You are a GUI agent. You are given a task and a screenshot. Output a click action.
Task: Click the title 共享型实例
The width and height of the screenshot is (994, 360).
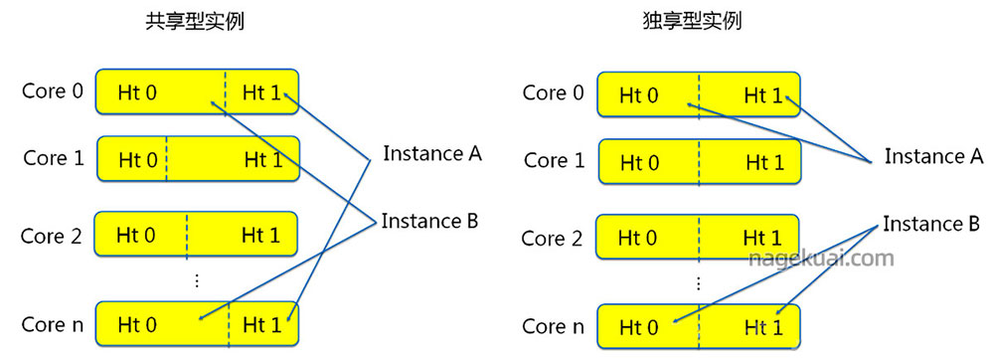[194, 21]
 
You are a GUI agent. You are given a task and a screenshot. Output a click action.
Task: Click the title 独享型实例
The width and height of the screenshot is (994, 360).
[693, 21]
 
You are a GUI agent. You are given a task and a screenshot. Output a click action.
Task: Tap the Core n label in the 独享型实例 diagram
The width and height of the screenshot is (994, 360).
[554, 326]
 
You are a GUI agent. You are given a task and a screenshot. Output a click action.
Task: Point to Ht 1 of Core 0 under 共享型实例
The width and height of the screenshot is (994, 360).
[260, 93]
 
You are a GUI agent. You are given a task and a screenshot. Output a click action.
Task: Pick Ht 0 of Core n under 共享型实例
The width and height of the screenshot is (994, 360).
[137, 323]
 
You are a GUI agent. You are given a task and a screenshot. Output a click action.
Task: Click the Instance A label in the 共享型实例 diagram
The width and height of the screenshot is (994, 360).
[431, 154]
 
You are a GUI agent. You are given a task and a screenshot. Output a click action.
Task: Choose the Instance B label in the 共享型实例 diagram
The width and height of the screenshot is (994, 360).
[430, 221]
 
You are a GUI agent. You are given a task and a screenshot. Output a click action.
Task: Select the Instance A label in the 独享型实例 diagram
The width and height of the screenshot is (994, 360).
[933, 156]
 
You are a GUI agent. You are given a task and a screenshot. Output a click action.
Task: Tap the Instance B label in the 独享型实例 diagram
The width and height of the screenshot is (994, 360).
[932, 225]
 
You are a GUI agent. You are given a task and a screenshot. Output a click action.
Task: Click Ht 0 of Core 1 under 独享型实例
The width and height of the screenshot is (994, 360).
[638, 162]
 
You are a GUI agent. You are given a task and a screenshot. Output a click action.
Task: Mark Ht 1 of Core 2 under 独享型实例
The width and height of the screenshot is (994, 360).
[762, 239]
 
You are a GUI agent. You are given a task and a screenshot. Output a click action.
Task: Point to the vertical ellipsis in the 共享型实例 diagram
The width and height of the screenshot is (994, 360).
[196, 281]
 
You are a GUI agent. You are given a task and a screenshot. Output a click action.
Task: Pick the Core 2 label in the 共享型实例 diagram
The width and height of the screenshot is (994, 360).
[52, 237]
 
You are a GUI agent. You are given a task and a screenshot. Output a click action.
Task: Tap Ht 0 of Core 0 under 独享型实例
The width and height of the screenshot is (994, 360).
[638, 95]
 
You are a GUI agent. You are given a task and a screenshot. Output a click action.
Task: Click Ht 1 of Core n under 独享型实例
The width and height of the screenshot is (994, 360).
[762, 327]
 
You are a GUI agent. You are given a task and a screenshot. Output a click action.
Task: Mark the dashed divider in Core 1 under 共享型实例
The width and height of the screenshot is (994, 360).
[166, 159]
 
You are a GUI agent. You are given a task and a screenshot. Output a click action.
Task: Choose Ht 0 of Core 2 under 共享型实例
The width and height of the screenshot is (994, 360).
[137, 236]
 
